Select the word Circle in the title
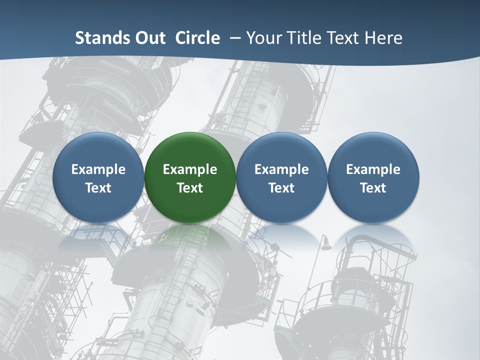pos(197,38)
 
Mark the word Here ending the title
pos(383,38)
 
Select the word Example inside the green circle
pos(190,170)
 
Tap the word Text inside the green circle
pos(190,188)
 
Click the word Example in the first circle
pos(98,170)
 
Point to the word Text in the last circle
pos(373,188)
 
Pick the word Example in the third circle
pos(281,170)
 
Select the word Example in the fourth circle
pos(373,170)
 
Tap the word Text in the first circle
pos(98,188)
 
